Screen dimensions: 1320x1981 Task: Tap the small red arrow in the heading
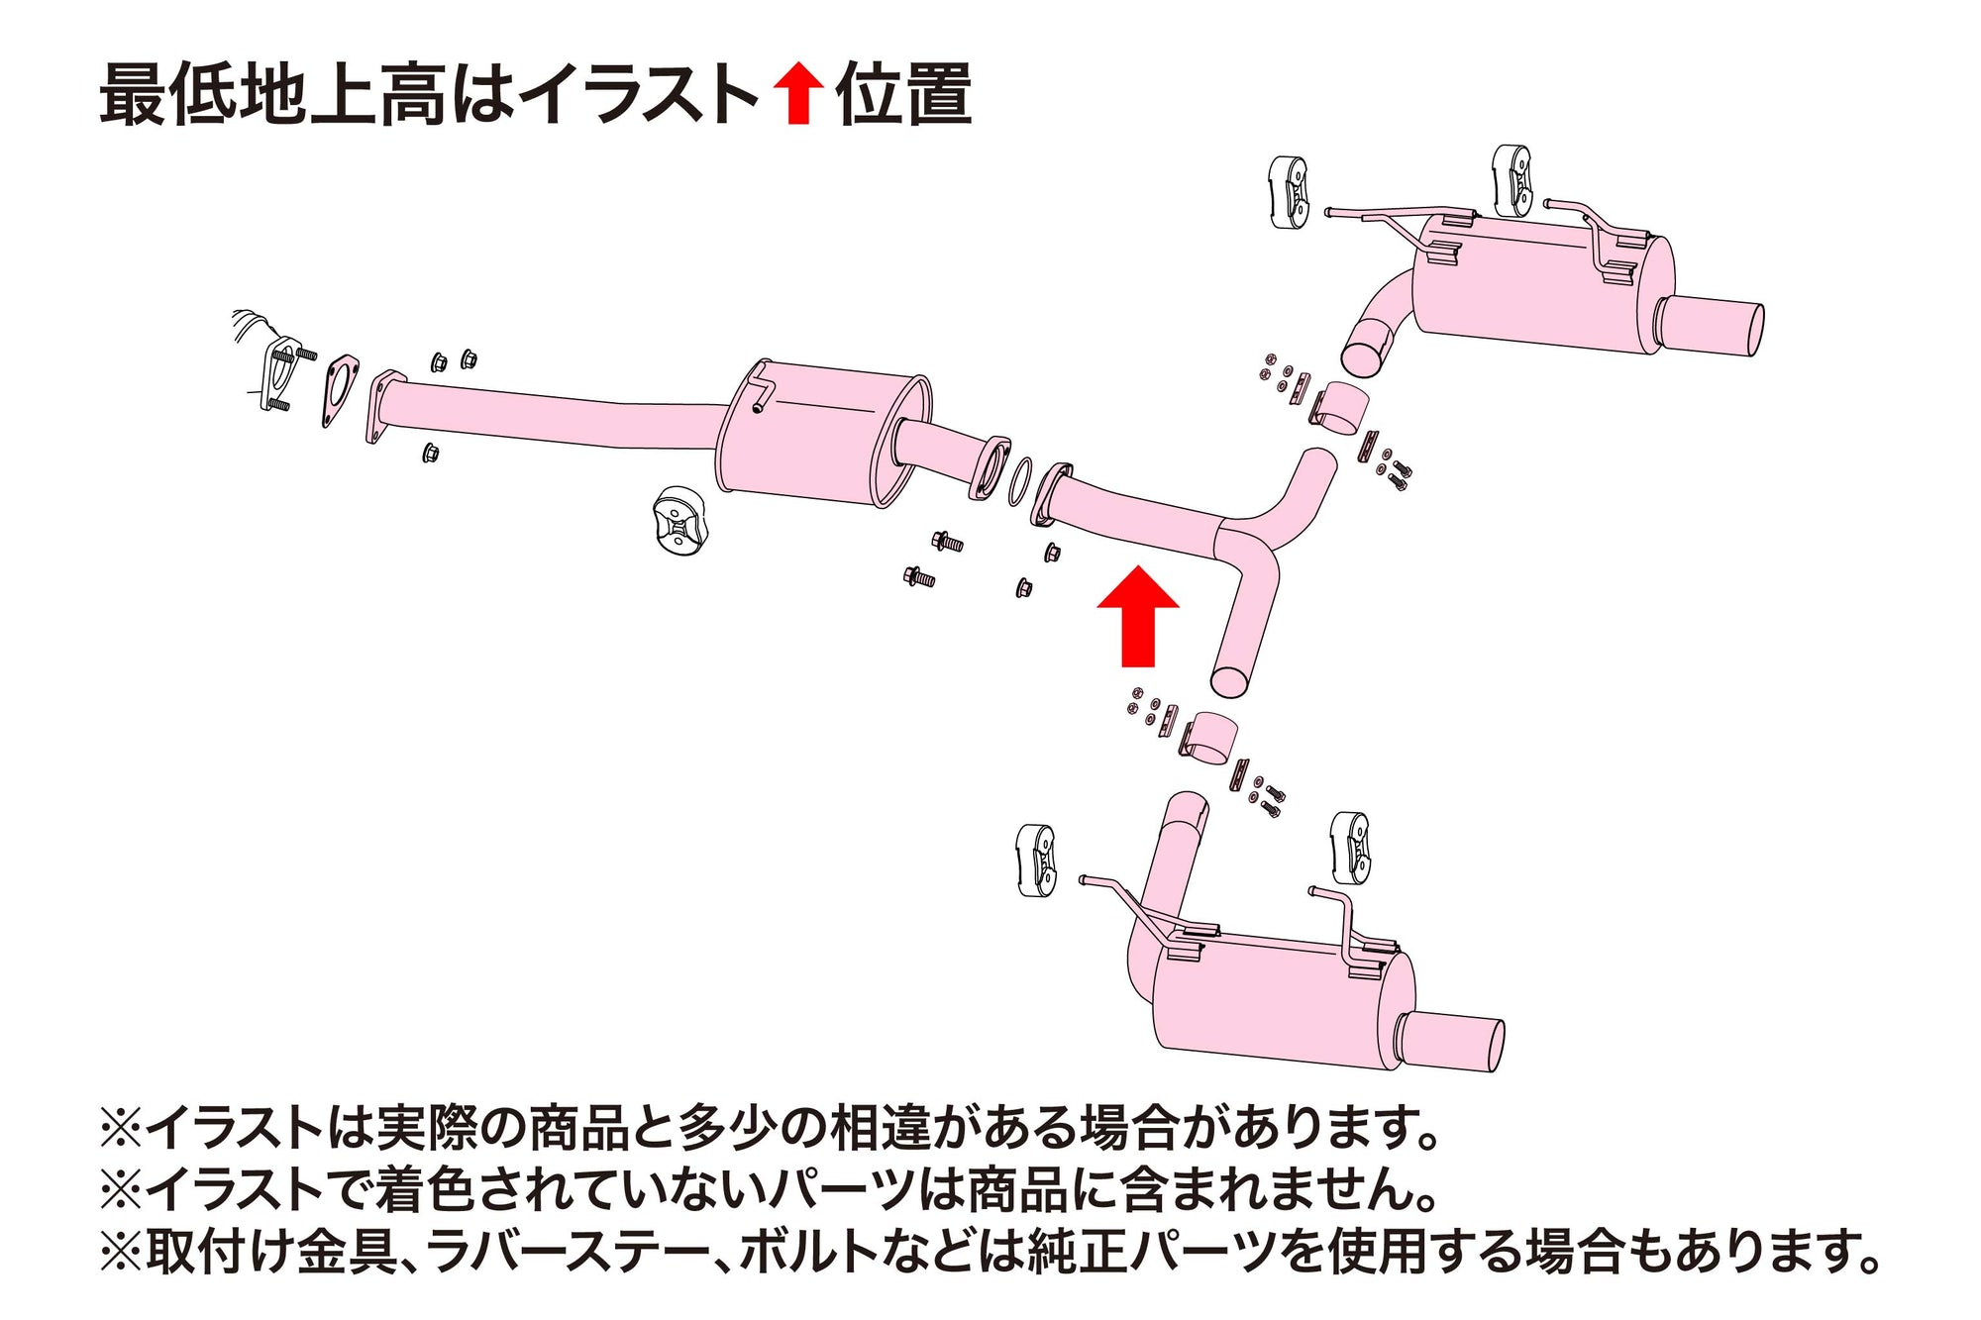click(798, 92)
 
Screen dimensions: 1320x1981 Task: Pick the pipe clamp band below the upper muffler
click(1342, 408)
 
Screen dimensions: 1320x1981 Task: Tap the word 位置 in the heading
click(903, 95)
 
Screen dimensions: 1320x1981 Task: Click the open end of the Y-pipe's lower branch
click(1230, 680)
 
